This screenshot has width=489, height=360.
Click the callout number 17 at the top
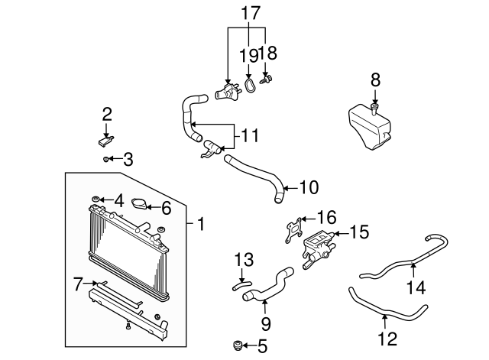[x=251, y=13]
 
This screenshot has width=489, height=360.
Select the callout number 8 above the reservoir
[x=375, y=80]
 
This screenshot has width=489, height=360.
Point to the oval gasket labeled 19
[x=249, y=86]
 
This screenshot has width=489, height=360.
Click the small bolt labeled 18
[x=266, y=79]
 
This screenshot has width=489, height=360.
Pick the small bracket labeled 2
[x=105, y=141]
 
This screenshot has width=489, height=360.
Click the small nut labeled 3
[x=105, y=160]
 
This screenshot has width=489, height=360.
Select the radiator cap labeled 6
[x=139, y=204]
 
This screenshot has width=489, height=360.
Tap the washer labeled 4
[x=96, y=199]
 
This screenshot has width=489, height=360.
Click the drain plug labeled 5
[x=238, y=345]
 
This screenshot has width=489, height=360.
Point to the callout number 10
[x=309, y=187]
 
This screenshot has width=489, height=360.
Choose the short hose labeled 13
[x=241, y=285]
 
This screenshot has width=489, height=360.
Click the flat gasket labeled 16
[x=293, y=230]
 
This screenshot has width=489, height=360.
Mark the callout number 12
[x=387, y=339]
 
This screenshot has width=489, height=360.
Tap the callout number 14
[x=416, y=287]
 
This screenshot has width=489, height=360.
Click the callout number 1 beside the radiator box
[x=201, y=224]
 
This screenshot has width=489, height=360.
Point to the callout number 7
[x=78, y=284]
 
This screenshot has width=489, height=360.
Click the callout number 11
[x=251, y=136]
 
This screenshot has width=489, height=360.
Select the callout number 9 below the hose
[x=266, y=324]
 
